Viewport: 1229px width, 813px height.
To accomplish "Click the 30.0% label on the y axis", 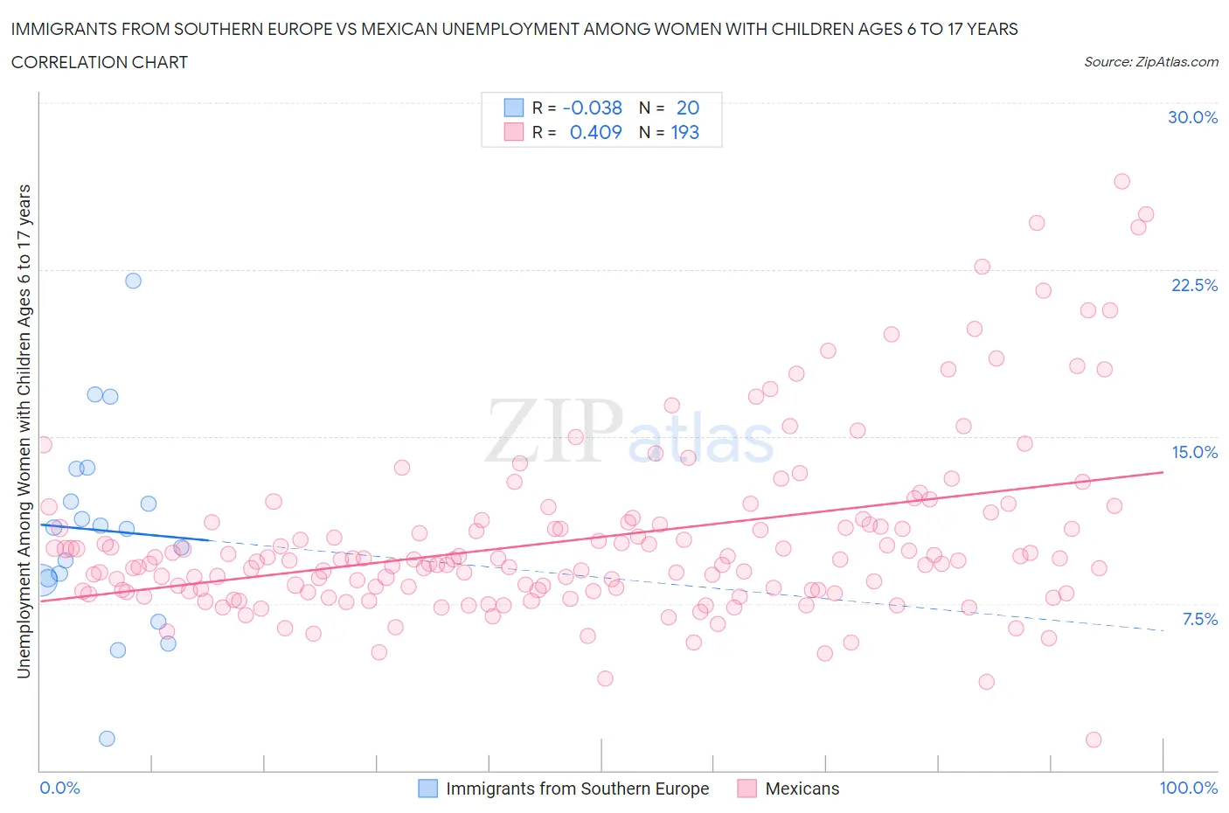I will [x=1192, y=117].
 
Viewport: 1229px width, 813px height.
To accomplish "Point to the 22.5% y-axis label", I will [x=1194, y=285].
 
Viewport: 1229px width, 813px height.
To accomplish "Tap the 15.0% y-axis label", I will [x=1194, y=452].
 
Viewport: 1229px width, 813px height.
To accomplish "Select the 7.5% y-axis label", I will [x=1199, y=619].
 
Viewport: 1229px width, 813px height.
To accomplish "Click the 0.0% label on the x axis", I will [x=59, y=788].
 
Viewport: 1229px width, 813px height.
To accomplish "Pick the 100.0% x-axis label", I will [x=1188, y=788].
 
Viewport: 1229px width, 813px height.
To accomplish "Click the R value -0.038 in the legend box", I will [x=592, y=108].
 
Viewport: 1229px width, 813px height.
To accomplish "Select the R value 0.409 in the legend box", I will [x=595, y=132].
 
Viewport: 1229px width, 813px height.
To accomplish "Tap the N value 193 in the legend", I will [x=684, y=132].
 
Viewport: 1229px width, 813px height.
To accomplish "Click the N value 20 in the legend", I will [x=688, y=108].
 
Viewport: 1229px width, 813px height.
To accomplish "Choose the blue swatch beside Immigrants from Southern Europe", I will [x=427, y=789].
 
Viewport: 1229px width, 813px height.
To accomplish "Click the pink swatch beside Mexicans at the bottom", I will [x=746, y=789].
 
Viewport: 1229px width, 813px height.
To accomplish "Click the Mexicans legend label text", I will [x=802, y=789].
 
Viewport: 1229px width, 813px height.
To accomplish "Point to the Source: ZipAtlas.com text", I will [x=1150, y=61].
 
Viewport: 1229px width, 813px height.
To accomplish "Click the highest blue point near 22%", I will [x=133, y=281].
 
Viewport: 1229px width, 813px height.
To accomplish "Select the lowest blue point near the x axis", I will [x=107, y=739].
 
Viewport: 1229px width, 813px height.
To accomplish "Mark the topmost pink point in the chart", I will [x=1121, y=181].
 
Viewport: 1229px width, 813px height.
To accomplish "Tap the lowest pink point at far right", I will [x=1093, y=740].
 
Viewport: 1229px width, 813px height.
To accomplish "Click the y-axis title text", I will [x=24, y=431].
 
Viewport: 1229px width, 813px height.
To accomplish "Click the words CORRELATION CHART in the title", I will [x=100, y=62].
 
